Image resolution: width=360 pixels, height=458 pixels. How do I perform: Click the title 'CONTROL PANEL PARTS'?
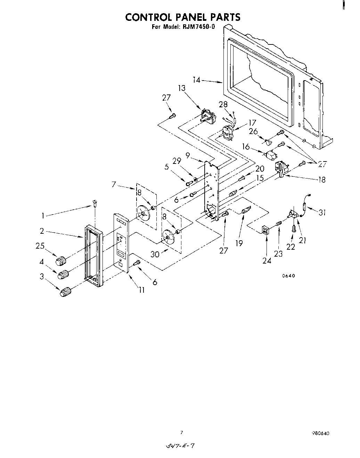tap(182, 17)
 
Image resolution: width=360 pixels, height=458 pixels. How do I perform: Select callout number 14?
tap(197, 80)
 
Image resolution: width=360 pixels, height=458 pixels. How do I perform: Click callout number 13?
tap(182, 88)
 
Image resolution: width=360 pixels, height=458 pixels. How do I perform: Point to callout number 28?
tap(223, 105)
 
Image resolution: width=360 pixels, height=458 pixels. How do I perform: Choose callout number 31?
tap(322, 212)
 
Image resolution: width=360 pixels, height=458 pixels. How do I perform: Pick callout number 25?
tap(40, 246)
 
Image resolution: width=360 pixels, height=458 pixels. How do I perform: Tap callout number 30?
tap(155, 254)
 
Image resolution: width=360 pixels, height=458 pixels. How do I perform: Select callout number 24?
tap(267, 260)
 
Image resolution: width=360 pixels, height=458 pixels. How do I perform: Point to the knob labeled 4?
tap(63, 274)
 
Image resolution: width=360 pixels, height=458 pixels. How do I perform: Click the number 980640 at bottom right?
tap(320, 433)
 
